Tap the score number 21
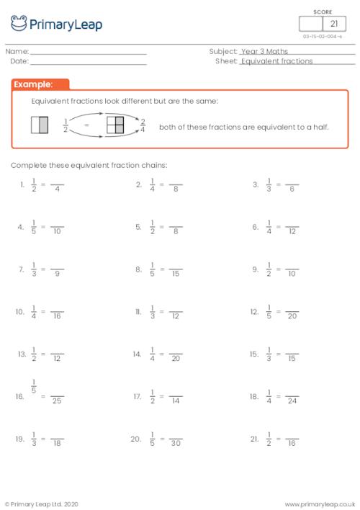point(333,24)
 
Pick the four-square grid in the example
point(115,125)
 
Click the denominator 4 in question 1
point(57,189)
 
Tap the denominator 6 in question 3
point(292,189)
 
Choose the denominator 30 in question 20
point(176,442)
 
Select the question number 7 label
point(22,269)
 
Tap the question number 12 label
point(254,312)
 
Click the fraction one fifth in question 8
point(152,269)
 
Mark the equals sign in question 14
point(162,354)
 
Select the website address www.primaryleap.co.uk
point(320,504)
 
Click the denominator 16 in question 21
point(292,442)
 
